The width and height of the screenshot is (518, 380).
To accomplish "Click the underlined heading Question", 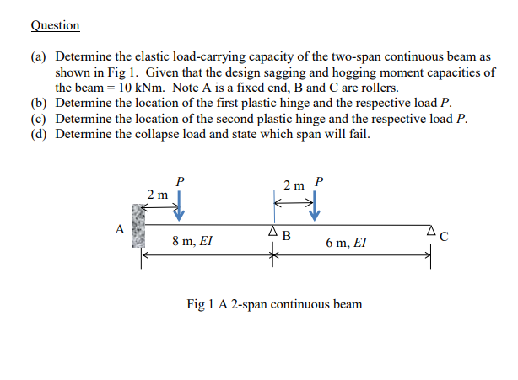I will (x=55, y=25).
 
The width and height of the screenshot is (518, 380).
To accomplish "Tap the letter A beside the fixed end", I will (x=121, y=228).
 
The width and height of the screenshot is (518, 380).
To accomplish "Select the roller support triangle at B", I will (x=272, y=231).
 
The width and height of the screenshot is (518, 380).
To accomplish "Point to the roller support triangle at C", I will (x=430, y=231).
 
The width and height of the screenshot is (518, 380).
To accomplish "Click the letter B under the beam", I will (x=286, y=235).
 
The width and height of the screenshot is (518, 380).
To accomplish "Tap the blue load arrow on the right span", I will (x=314, y=205).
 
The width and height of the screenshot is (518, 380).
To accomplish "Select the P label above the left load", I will (x=179, y=180).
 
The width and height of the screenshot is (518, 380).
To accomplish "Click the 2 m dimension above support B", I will (x=294, y=185).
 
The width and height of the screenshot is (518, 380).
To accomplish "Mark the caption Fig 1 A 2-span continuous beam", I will (x=274, y=303).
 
